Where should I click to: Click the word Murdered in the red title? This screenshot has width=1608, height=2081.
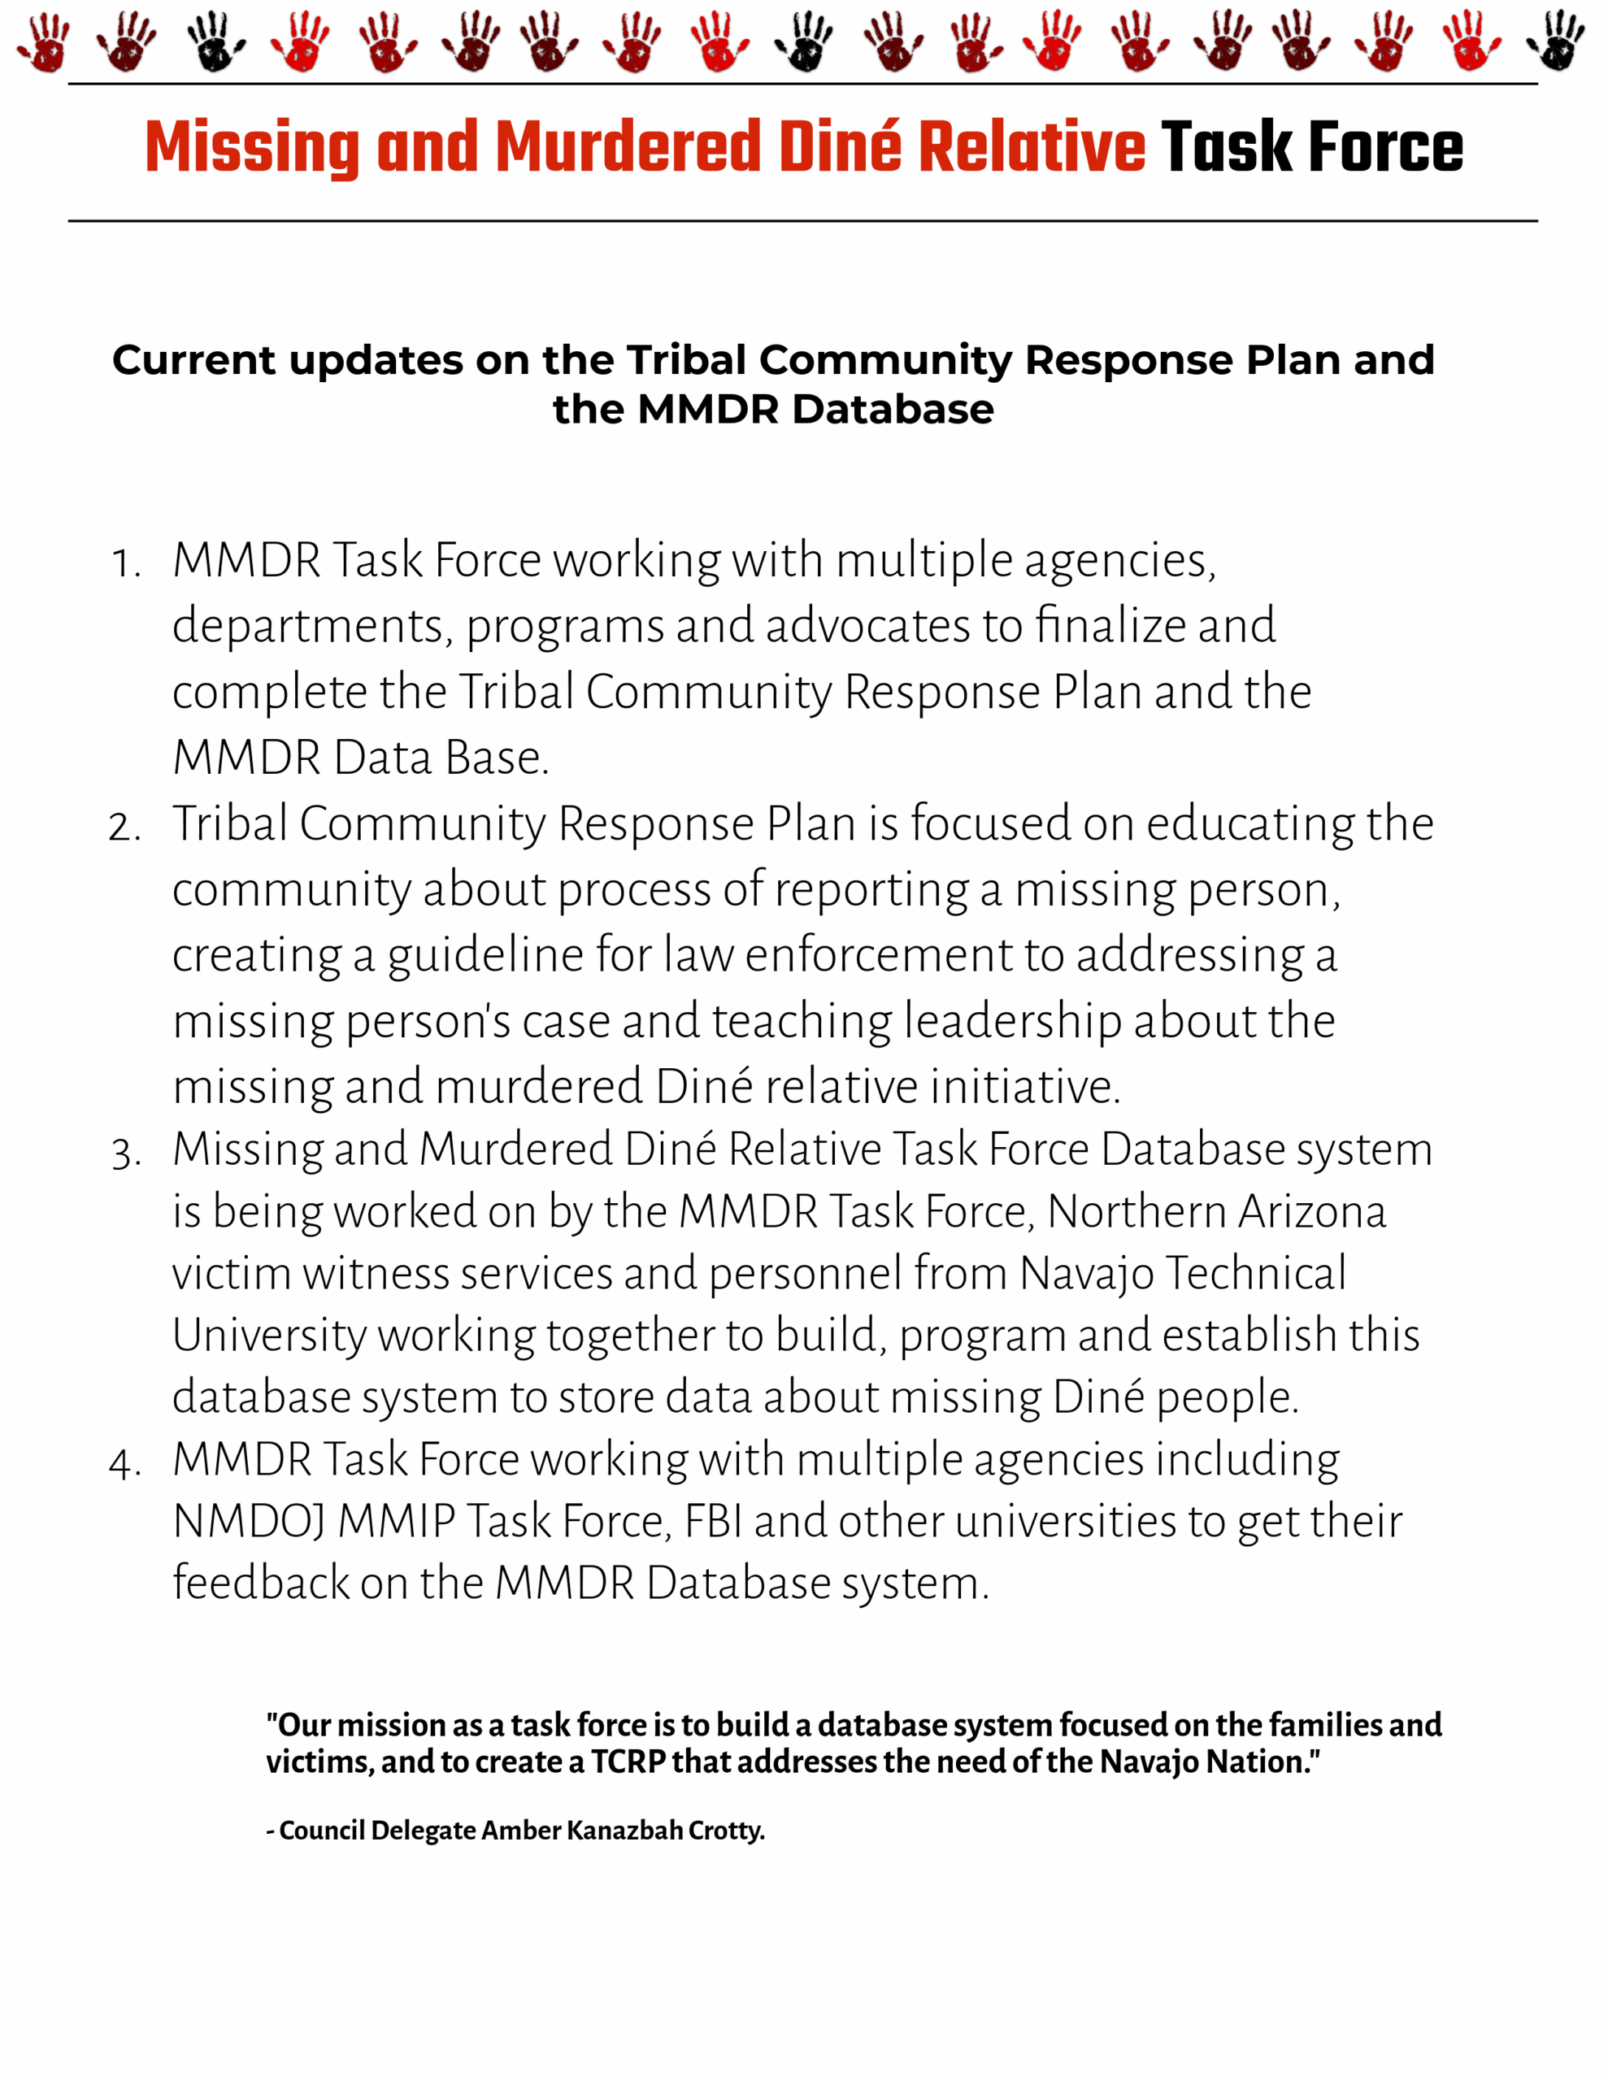(x=628, y=147)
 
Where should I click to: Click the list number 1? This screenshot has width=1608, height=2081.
(x=125, y=563)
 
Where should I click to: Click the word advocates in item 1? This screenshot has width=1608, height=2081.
(x=867, y=626)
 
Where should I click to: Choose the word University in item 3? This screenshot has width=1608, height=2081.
(x=269, y=1336)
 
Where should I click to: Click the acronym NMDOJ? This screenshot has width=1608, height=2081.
(x=249, y=1522)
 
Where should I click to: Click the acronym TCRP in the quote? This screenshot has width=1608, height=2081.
(x=628, y=1762)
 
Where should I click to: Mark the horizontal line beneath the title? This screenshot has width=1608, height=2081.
(x=802, y=221)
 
